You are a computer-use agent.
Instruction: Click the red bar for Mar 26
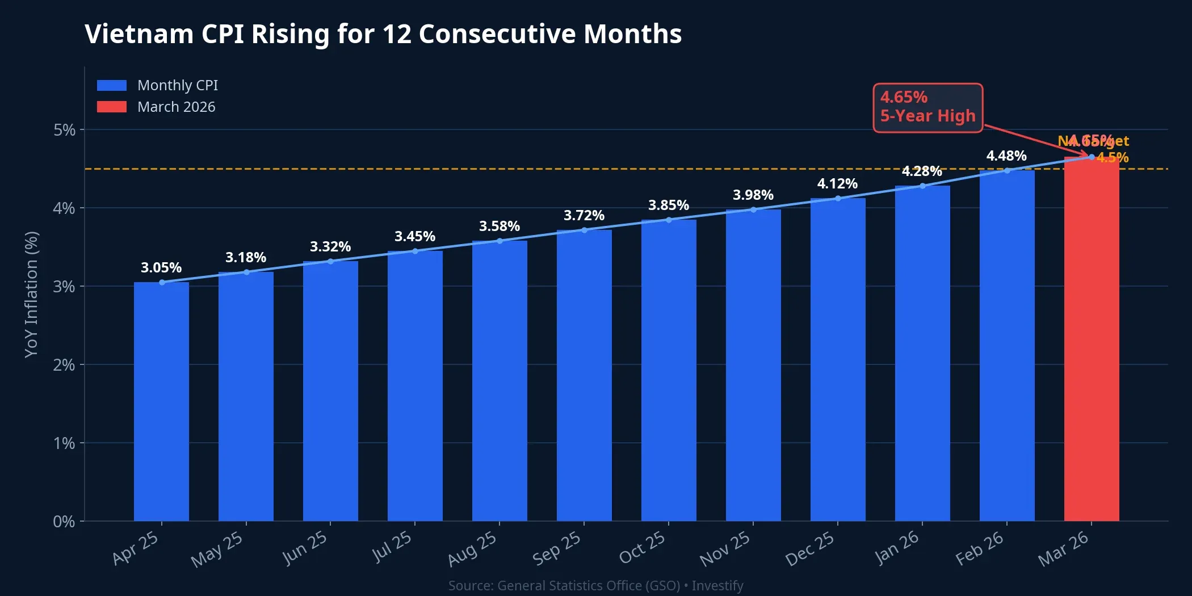click(1091, 341)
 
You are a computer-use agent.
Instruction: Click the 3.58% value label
click(499, 226)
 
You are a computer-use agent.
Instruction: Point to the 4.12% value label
click(837, 184)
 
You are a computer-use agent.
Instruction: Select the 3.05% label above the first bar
click(161, 268)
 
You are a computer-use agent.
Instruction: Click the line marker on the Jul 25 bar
click(415, 251)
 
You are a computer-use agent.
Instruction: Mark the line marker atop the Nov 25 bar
click(753, 209)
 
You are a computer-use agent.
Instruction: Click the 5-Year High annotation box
click(927, 107)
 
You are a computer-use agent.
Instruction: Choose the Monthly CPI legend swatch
click(112, 85)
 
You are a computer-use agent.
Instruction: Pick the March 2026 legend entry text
click(176, 107)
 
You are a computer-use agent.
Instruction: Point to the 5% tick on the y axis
click(64, 130)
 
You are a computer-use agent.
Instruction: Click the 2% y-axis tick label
click(64, 365)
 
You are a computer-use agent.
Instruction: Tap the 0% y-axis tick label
click(64, 522)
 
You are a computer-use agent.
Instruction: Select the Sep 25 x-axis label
click(557, 548)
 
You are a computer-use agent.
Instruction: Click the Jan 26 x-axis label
click(896, 548)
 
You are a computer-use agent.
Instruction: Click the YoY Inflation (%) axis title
click(31, 294)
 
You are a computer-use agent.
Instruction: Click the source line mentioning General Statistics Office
click(595, 585)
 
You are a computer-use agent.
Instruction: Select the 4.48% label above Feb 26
click(1006, 156)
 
